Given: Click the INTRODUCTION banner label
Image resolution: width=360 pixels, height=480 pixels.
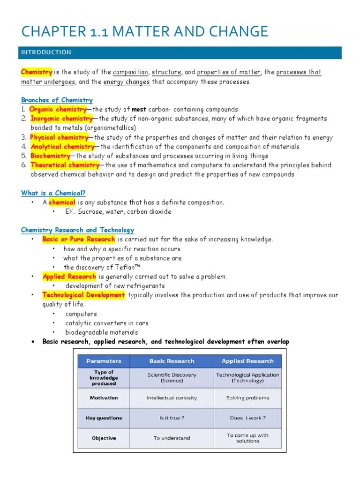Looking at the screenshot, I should tap(46, 52).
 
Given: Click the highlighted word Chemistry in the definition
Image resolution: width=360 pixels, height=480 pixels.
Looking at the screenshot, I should tap(37, 72).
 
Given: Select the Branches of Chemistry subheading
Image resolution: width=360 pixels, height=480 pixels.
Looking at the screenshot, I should tap(57, 100).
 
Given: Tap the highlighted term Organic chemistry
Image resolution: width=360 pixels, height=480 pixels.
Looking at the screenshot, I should tap(58, 109).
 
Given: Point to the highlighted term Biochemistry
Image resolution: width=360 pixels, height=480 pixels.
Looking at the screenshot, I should tap(50, 156).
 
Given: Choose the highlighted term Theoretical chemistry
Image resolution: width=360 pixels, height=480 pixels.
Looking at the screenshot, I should tap(65, 165).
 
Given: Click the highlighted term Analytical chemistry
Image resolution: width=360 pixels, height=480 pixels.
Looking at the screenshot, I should tap(62, 147).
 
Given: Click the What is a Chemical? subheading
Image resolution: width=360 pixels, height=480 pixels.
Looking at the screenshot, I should tap(53, 193).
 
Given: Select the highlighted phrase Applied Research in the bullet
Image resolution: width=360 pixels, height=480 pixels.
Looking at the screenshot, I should tap(69, 277).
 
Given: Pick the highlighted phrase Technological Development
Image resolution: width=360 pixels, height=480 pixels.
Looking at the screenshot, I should tap(83, 295).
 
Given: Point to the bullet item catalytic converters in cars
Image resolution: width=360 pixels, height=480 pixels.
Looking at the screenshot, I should tap(106, 323).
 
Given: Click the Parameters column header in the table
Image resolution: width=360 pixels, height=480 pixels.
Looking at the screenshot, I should tap(104, 361).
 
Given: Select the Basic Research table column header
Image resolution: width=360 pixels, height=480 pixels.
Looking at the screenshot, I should tap(172, 361).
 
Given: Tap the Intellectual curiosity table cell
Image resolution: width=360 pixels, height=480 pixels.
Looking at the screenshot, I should tap(172, 398).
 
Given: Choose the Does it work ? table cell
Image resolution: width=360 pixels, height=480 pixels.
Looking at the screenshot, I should tap(247, 418).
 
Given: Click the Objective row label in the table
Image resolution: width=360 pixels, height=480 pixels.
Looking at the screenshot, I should tap(104, 438).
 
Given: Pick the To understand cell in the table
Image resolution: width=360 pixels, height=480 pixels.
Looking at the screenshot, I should tap(172, 438).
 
